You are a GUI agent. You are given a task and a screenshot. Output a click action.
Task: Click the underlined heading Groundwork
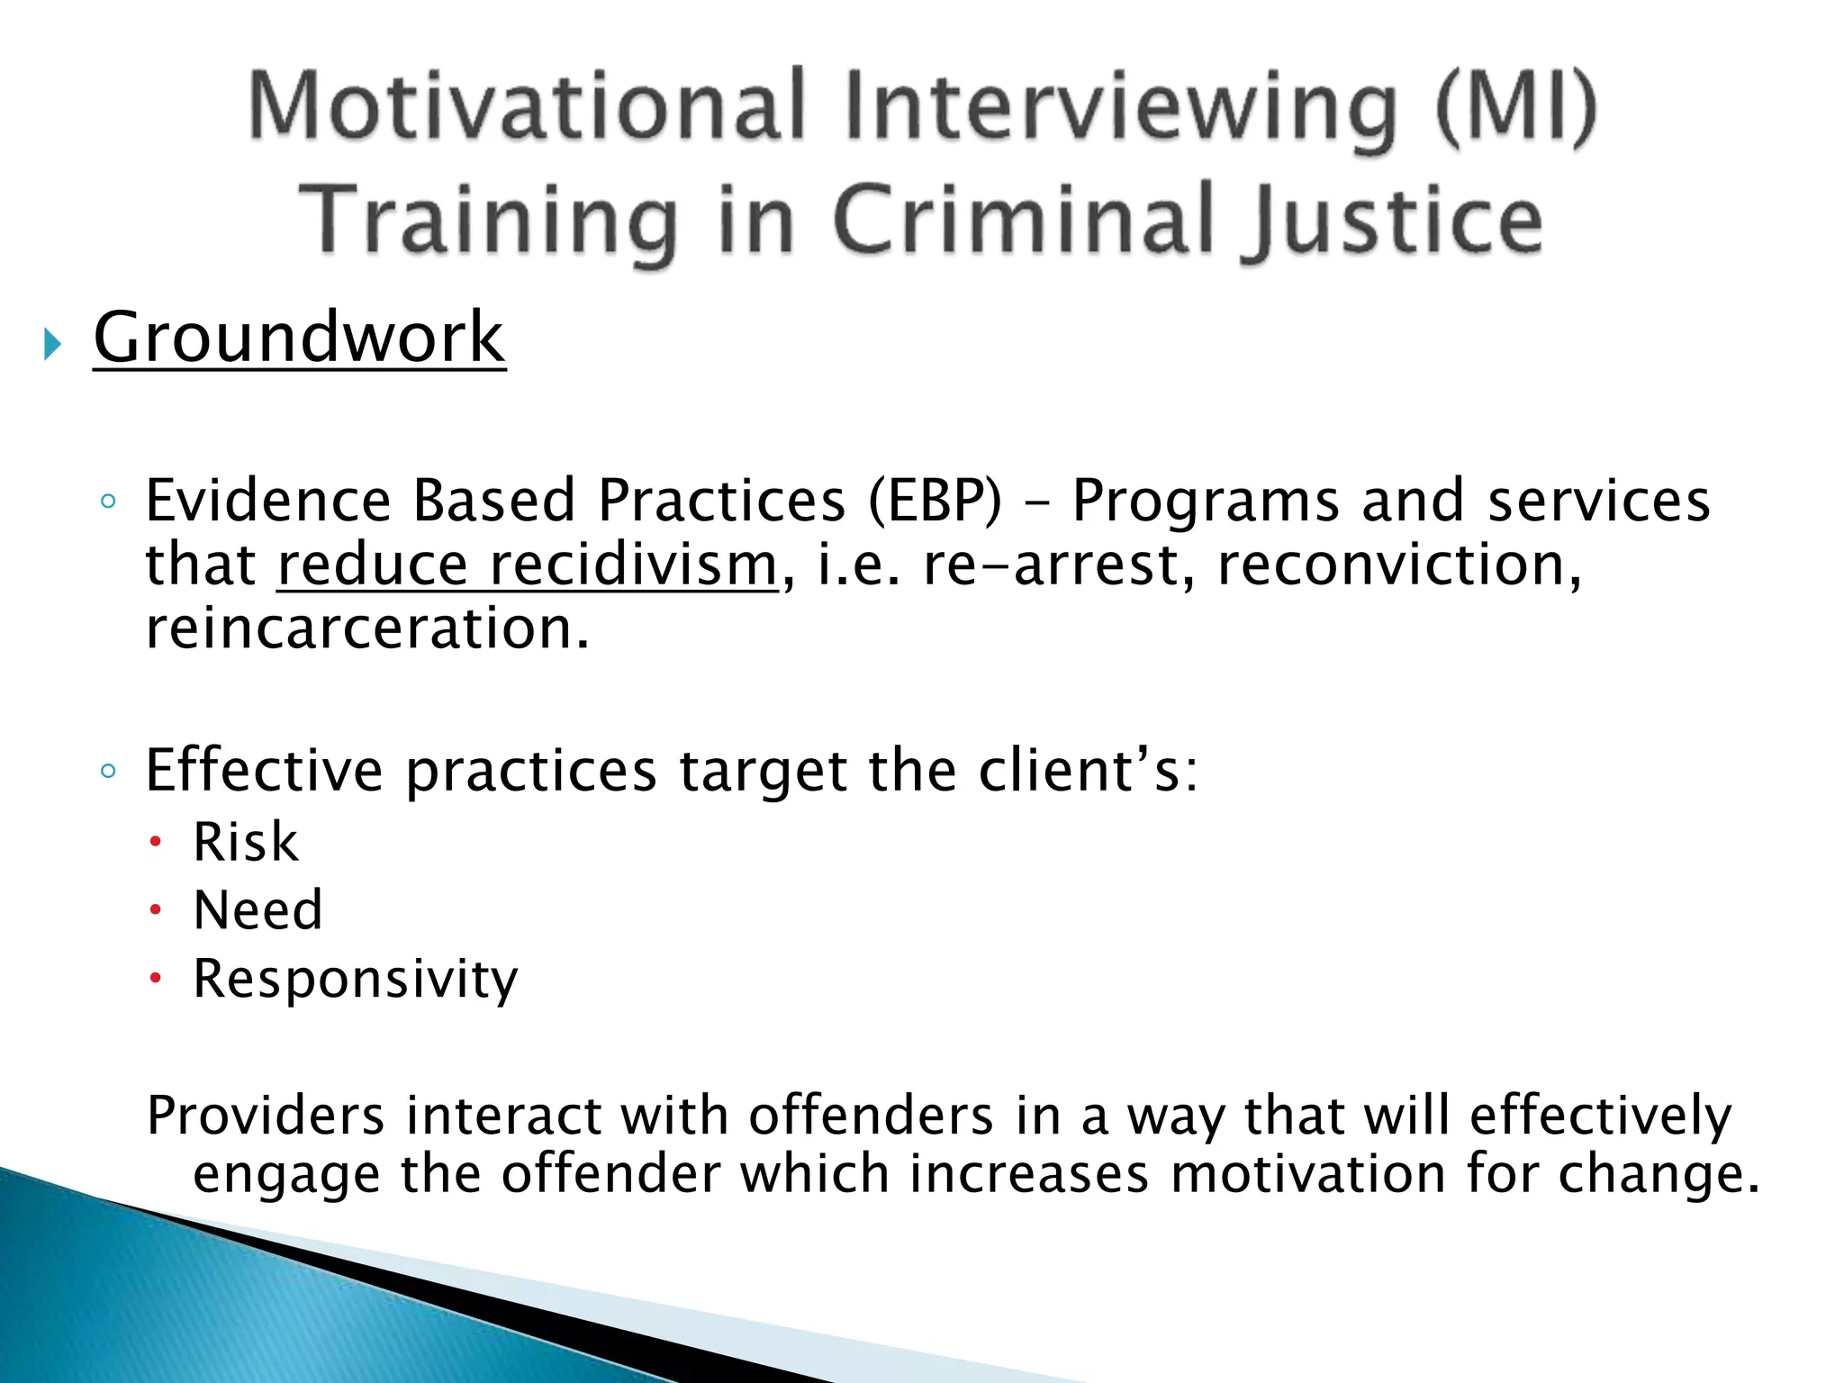coord(299,338)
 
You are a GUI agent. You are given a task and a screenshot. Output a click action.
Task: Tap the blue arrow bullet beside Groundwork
coord(52,344)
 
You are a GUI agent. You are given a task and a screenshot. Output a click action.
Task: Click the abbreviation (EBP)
coord(934,501)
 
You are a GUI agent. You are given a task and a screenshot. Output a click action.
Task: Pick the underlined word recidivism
coord(633,565)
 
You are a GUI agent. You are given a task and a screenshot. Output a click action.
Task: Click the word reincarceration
coord(367,628)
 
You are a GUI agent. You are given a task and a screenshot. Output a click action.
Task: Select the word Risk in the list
coord(245,843)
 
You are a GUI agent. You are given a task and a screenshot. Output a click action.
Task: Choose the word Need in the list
coord(258,910)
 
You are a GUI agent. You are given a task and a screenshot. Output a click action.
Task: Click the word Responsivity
coord(356,979)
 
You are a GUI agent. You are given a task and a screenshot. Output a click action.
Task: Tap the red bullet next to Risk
coord(156,843)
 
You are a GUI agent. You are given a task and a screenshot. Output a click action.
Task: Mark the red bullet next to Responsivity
coord(156,978)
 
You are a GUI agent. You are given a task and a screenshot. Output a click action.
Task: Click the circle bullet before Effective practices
coord(108,771)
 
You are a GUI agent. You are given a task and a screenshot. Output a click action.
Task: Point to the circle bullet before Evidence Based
coord(108,502)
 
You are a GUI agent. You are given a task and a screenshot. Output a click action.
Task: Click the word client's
coord(1088,771)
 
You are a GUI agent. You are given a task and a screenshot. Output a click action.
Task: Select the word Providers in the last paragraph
coord(266,1116)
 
